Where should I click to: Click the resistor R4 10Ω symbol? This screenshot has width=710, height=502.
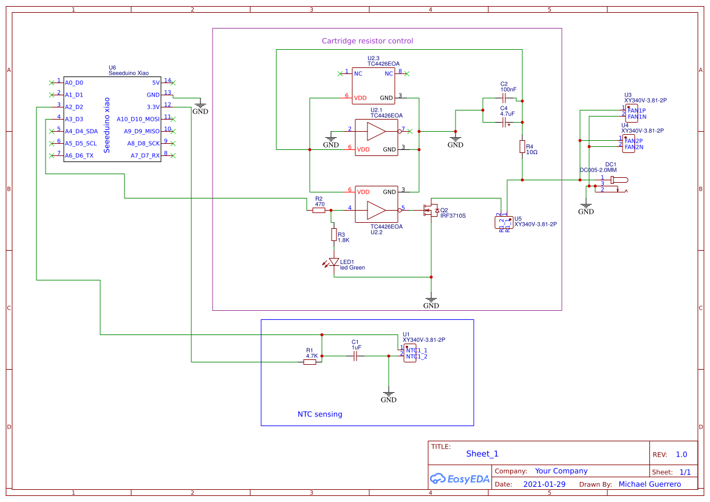522,146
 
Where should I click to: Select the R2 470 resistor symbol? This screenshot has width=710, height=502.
319,210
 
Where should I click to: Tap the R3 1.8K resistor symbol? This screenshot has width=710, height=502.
333,234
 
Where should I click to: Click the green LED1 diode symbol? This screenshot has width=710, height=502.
333,262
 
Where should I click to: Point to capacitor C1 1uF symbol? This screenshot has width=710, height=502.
356,357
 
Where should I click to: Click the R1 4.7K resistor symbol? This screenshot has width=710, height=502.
310,362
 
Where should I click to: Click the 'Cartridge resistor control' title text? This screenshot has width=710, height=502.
367,41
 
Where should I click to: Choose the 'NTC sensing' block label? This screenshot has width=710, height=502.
319,415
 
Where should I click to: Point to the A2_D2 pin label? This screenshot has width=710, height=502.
74,107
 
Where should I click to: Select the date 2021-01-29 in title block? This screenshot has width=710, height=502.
544,484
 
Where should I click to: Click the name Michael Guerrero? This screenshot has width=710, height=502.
649,484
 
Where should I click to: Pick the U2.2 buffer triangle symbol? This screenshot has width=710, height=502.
376,210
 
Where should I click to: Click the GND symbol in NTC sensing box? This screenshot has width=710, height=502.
389,396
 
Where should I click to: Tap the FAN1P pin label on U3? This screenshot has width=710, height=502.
637,110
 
